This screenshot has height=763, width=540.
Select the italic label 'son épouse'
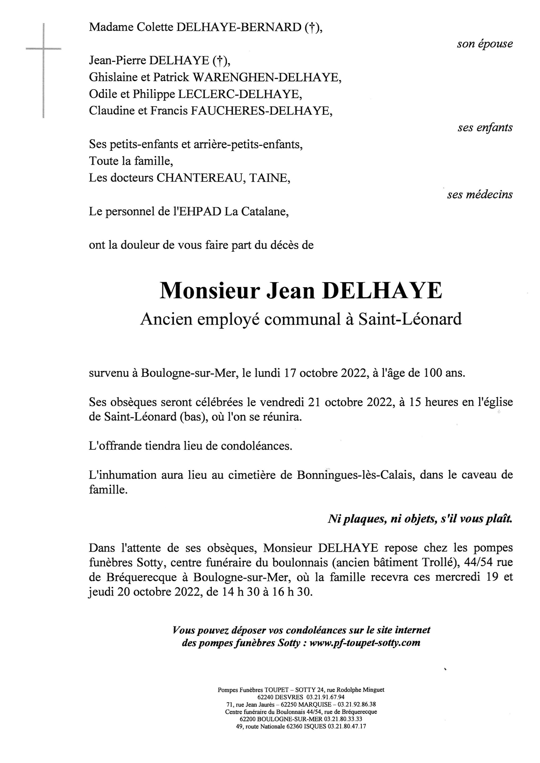click(485, 44)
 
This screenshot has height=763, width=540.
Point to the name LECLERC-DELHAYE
click(240, 94)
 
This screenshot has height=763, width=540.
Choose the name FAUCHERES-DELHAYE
click(261, 111)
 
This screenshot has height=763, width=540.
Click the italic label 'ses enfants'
click(485, 128)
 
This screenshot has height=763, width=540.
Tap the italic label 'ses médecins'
click(480, 195)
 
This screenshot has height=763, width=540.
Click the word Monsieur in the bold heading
click(209, 291)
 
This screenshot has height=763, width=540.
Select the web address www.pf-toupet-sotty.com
click(365, 643)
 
